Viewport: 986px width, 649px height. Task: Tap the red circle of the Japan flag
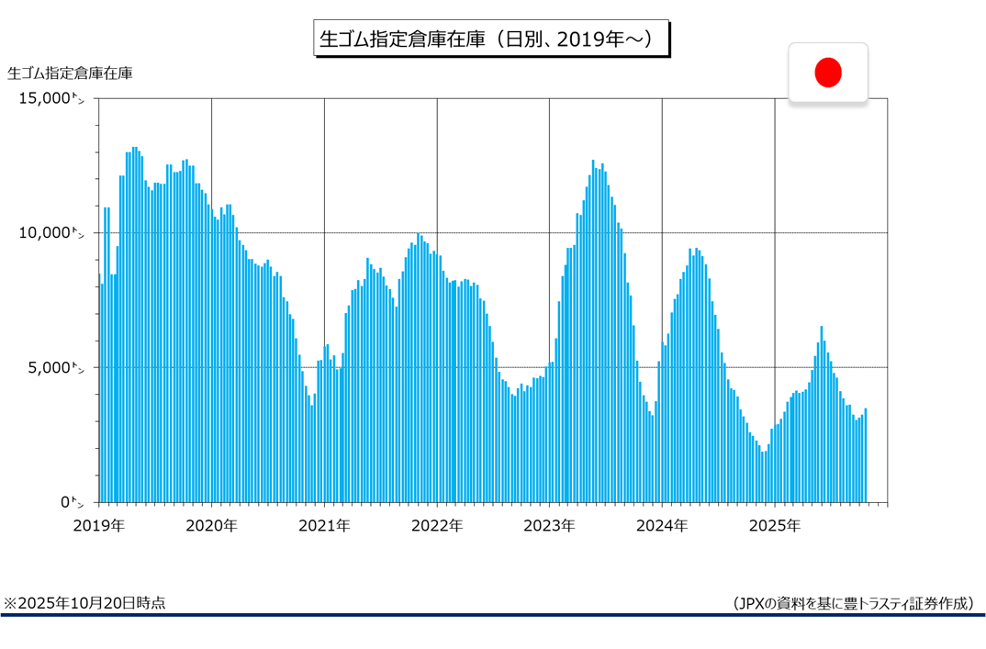828,73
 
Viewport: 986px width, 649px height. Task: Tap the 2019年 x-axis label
98,526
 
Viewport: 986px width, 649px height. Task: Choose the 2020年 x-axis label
211,526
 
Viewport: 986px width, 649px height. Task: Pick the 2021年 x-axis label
324,526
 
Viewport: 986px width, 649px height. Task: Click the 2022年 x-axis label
437,526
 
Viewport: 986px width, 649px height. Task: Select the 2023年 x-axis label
549,526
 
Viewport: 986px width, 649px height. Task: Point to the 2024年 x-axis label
662,526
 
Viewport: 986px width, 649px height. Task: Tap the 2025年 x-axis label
775,526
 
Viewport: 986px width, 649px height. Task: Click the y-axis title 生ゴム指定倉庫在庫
70,73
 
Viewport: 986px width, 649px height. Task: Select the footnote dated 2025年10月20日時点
84,603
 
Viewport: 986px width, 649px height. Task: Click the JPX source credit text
853,603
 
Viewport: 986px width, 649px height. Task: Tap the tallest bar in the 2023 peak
593,331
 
